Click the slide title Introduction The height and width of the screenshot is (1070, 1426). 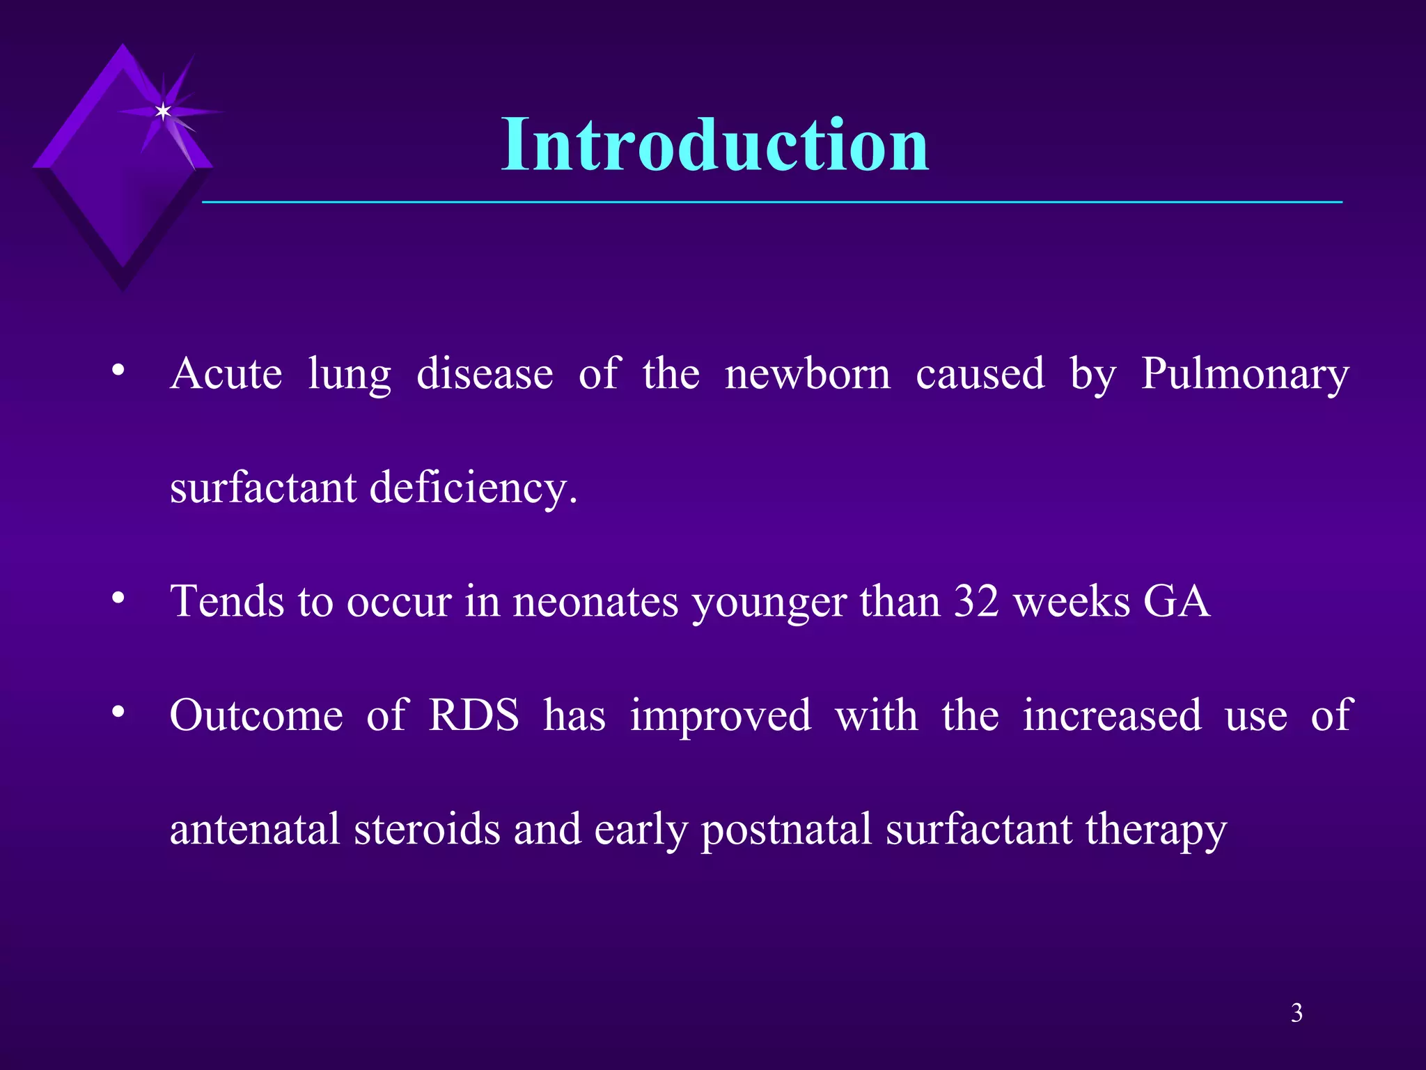point(715,144)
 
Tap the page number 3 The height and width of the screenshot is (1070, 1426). point(1296,1013)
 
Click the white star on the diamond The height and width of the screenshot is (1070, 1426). point(163,111)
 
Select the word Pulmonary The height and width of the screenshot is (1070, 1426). point(1245,375)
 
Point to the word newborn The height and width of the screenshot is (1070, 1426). point(807,374)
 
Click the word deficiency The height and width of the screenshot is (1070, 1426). point(473,488)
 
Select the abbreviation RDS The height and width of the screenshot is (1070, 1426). point(473,715)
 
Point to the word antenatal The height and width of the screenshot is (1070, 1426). point(255,829)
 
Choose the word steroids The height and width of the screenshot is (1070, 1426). point(427,829)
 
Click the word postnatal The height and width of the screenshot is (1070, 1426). point(786,830)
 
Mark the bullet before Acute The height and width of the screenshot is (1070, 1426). point(118,370)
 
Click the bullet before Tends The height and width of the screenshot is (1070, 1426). point(118,598)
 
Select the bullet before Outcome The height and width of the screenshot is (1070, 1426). point(118,712)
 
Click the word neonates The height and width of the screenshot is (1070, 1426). point(595,601)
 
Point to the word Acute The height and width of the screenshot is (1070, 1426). point(226,374)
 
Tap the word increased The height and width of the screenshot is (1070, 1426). point(1112,715)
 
